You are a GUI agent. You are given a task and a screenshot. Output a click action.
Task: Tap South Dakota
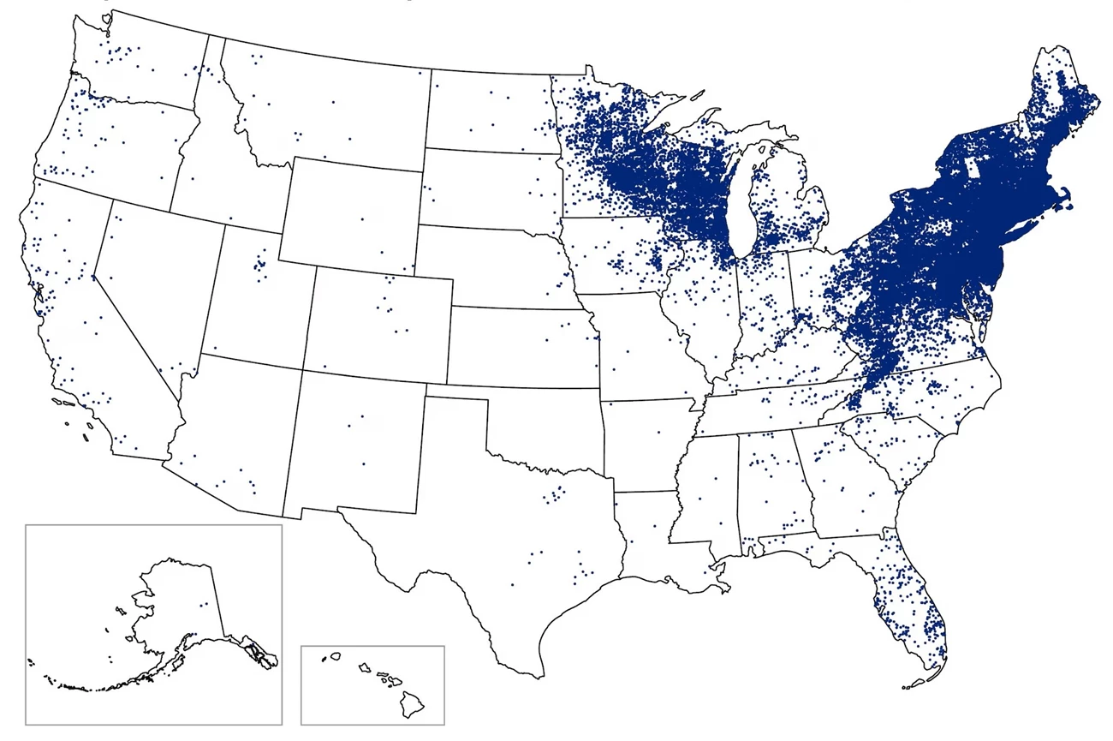[x=488, y=188]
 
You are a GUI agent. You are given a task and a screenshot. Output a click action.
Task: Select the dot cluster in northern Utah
[x=259, y=266]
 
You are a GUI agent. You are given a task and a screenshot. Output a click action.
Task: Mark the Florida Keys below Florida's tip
[x=916, y=684]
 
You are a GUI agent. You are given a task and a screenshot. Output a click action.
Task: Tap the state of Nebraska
[x=497, y=266]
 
